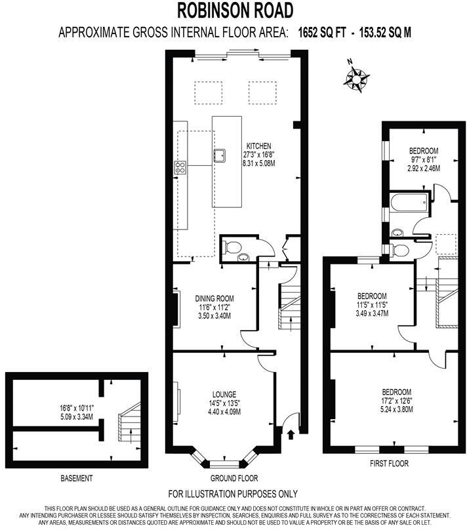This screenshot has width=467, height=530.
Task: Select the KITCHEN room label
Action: [258, 146]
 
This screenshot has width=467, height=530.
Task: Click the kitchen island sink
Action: [220, 155]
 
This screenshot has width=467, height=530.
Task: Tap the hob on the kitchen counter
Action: [180, 167]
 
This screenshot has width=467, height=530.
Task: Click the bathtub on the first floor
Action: [408, 203]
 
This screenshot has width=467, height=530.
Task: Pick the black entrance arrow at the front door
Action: [291, 433]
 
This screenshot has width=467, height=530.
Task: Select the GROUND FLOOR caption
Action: [234, 478]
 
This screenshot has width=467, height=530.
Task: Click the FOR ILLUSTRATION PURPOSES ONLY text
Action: [233, 493]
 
